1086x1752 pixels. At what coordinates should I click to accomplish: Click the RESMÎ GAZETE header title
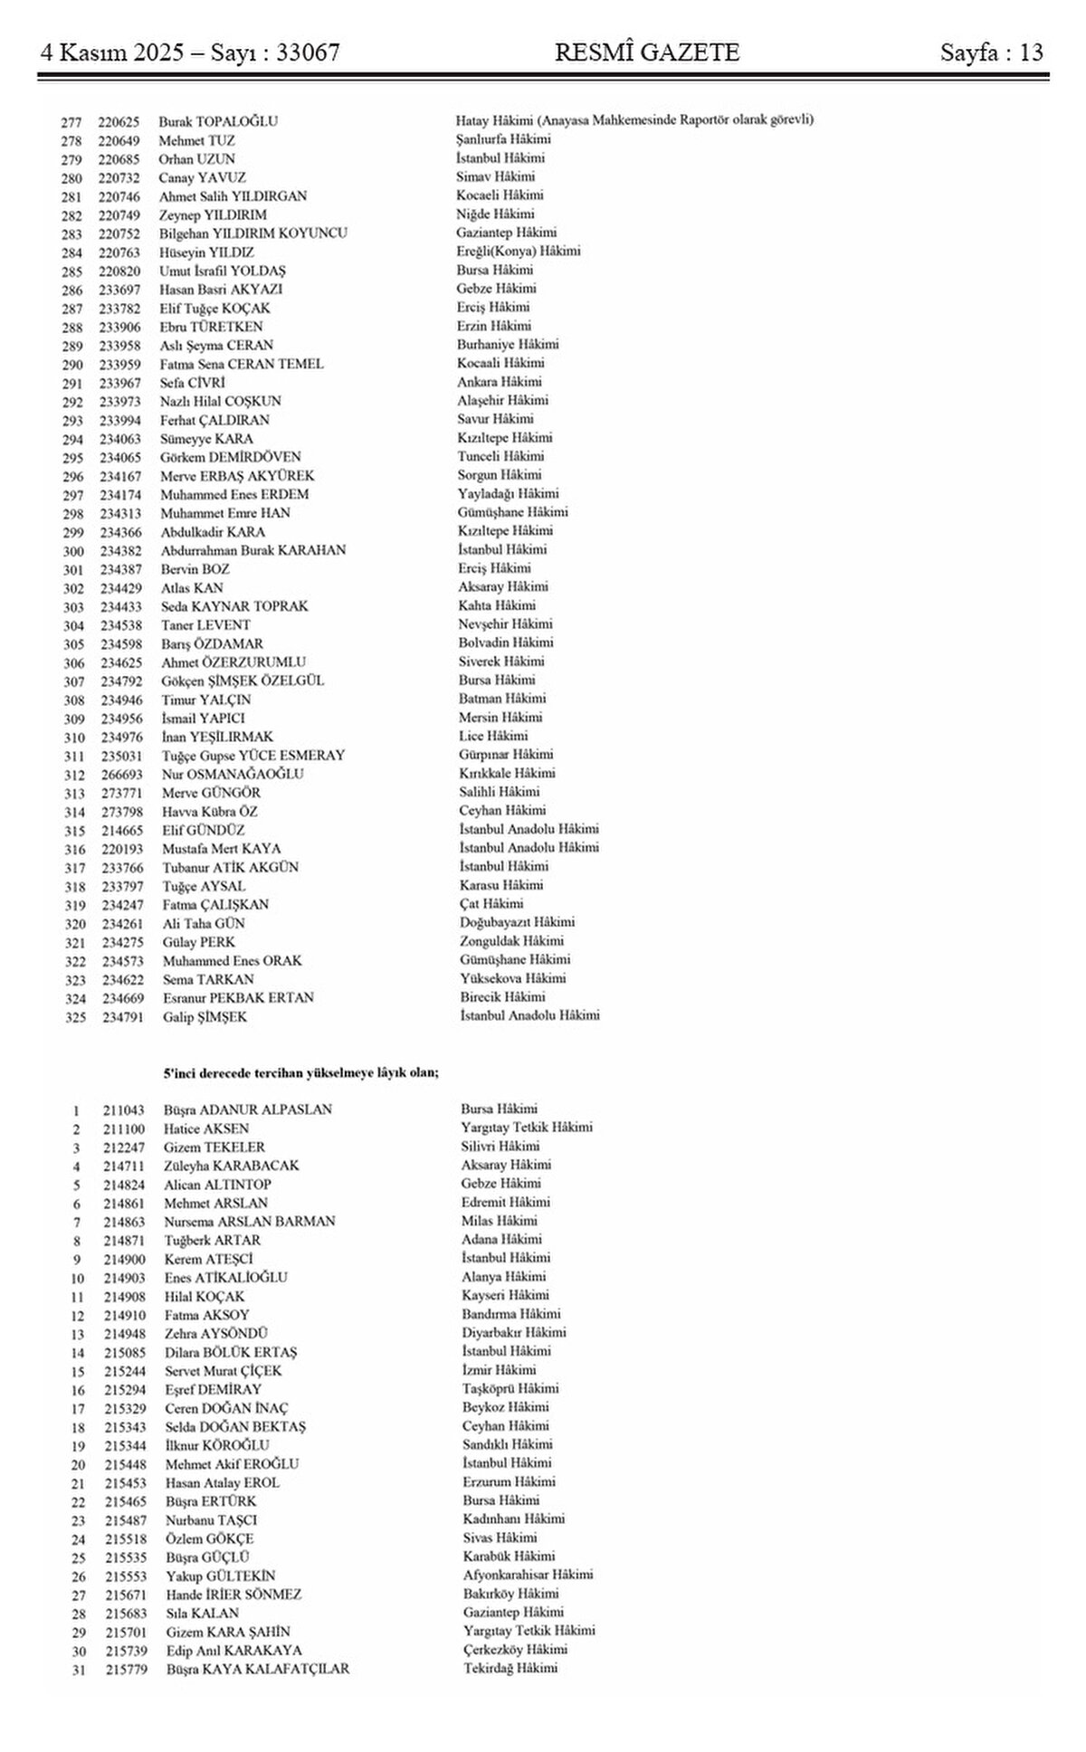coord(647,52)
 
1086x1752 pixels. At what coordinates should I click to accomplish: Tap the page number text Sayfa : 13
coord(992,52)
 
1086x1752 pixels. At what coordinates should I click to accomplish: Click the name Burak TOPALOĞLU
coord(218,121)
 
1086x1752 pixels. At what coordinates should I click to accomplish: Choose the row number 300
coord(73,551)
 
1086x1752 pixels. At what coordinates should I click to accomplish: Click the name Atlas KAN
coord(192,588)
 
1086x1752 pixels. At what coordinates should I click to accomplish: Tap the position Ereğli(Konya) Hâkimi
coord(519,252)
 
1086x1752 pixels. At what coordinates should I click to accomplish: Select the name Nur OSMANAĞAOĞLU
coord(233,774)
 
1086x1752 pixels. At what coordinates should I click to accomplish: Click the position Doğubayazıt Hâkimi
coord(517,922)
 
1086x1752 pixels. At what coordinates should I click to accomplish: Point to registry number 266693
coord(120,775)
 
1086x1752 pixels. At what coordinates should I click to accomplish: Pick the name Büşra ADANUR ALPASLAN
coord(248,1109)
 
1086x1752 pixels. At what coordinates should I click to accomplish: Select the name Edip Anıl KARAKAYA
coord(233,1650)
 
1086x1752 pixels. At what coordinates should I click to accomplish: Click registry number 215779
coord(123,1669)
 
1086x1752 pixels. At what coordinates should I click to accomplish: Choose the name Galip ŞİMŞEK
coord(205,1017)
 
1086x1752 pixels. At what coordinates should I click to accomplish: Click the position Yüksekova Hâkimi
coord(513,978)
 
